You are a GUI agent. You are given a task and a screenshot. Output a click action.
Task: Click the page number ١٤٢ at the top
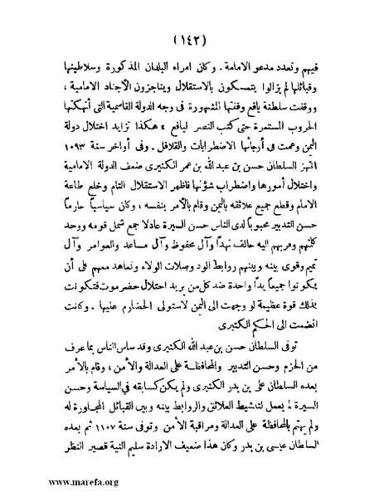[192, 40]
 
